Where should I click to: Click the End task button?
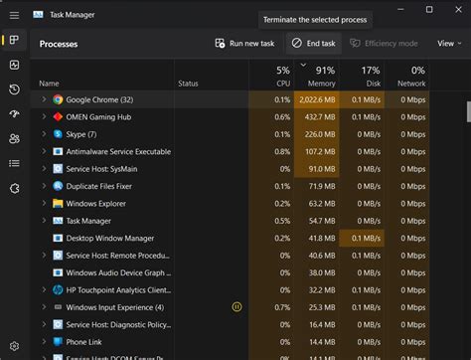313,44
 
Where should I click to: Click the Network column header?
410,77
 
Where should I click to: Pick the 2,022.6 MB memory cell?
319,99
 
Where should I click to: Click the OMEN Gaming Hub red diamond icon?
59,117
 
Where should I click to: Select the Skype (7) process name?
81,134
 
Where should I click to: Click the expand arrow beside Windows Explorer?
44,204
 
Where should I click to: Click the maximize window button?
429,10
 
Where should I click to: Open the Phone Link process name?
85,342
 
